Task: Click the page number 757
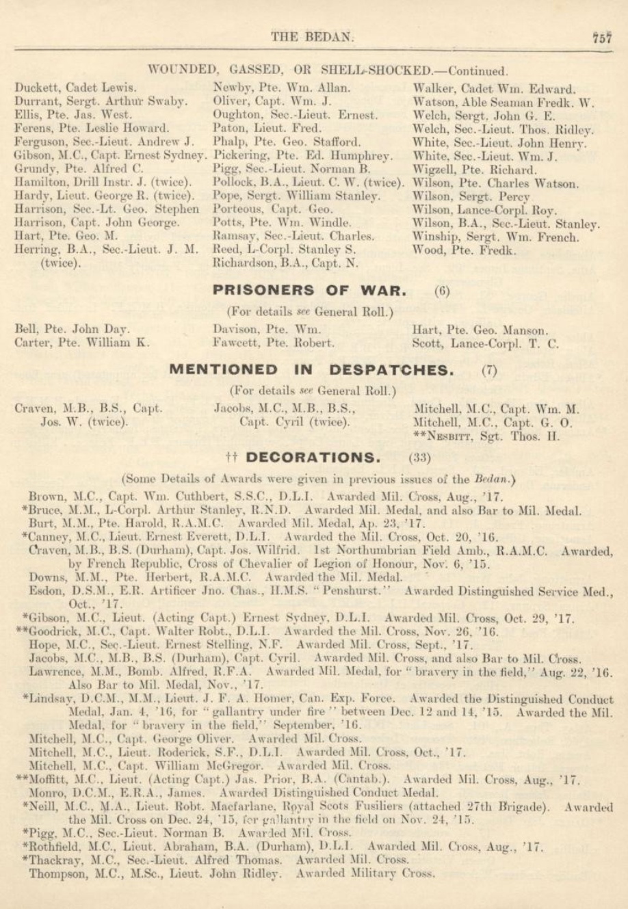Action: (601, 38)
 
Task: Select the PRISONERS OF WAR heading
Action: (309, 290)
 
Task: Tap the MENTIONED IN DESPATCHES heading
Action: (311, 370)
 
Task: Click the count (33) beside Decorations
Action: (419, 458)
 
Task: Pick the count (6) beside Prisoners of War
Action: (441, 291)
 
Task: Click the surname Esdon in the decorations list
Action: (45, 592)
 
